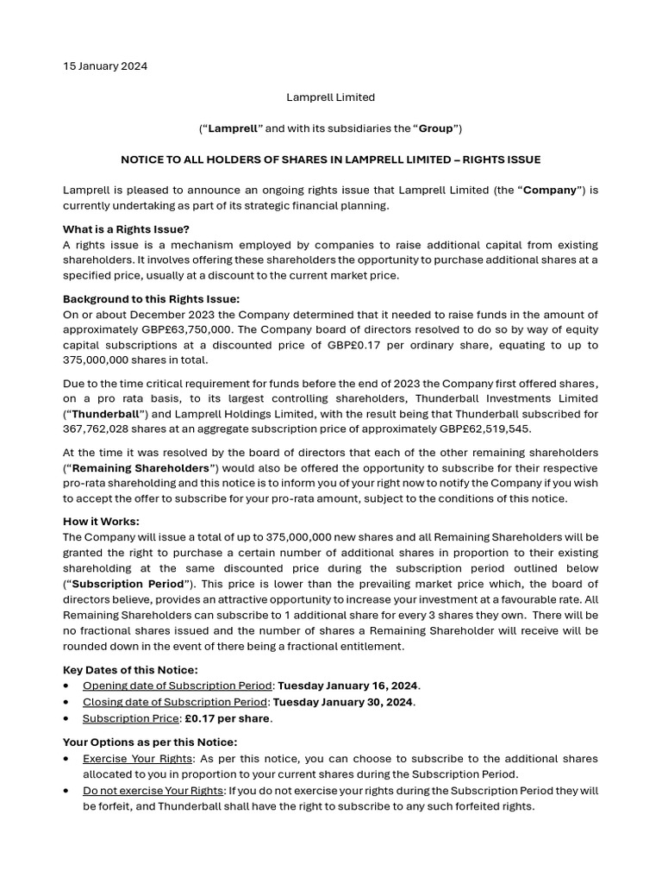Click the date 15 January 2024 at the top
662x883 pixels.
(104, 66)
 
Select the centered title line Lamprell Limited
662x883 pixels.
(330, 97)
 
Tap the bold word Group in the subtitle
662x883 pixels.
(436, 128)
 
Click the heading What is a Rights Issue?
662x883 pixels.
(126, 229)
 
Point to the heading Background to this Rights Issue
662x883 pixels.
(151, 299)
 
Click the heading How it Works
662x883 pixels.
(101, 522)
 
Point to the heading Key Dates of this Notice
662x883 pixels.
(130, 670)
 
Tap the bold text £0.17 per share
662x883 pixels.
(228, 718)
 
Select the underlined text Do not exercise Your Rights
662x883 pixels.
(153, 791)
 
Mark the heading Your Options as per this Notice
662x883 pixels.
(150, 742)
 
